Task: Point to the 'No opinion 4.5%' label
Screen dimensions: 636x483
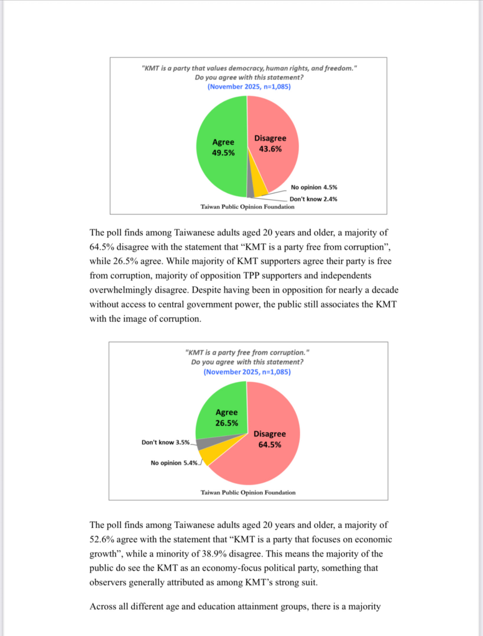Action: pos(314,187)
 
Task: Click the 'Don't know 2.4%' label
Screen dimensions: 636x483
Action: pos(313,199)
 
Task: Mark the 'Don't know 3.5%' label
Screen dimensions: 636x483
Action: pos(165,442)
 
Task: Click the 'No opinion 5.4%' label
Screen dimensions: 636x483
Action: pos(175,462)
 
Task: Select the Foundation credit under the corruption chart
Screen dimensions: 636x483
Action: pos(248,493)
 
